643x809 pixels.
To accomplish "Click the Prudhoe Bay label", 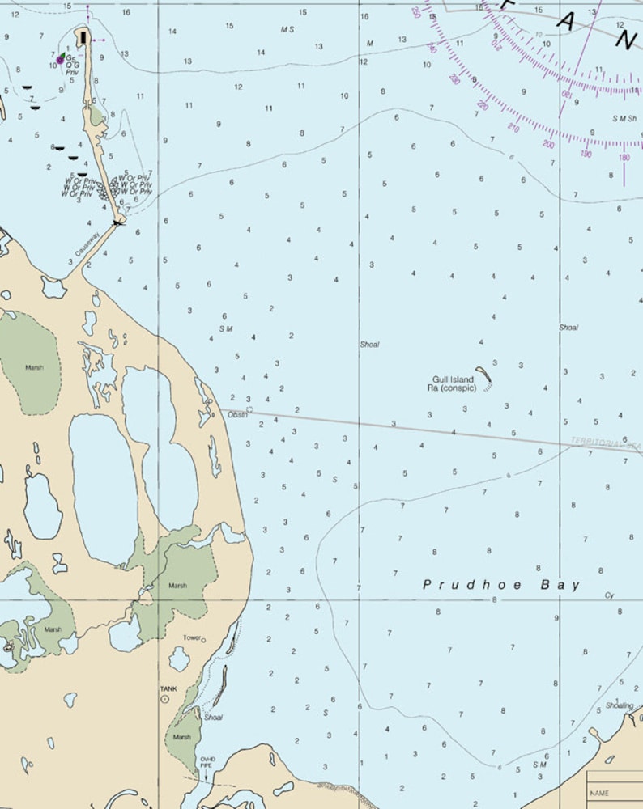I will click(502, 584).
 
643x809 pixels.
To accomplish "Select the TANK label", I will click(168, 688).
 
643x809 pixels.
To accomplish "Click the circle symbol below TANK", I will click(165, 698).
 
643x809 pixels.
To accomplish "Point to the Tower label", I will click(192, 637).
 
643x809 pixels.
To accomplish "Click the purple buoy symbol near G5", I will click(60, 60).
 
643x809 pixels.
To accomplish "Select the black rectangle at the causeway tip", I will click(83, 36).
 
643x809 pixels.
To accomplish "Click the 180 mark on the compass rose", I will click(624, 157).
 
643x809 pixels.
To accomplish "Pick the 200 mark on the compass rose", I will click(548, 144).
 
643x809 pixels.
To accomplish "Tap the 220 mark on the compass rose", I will click(483, 105).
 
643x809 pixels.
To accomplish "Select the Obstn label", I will click(237, 414).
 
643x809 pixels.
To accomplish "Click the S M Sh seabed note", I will click(624, 118).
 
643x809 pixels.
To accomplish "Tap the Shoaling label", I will click(620, 705).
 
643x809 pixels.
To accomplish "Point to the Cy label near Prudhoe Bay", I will click(609, 595).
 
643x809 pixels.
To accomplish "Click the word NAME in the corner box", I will click(599, 793).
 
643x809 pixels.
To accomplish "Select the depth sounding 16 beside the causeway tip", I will click(126, 12).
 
